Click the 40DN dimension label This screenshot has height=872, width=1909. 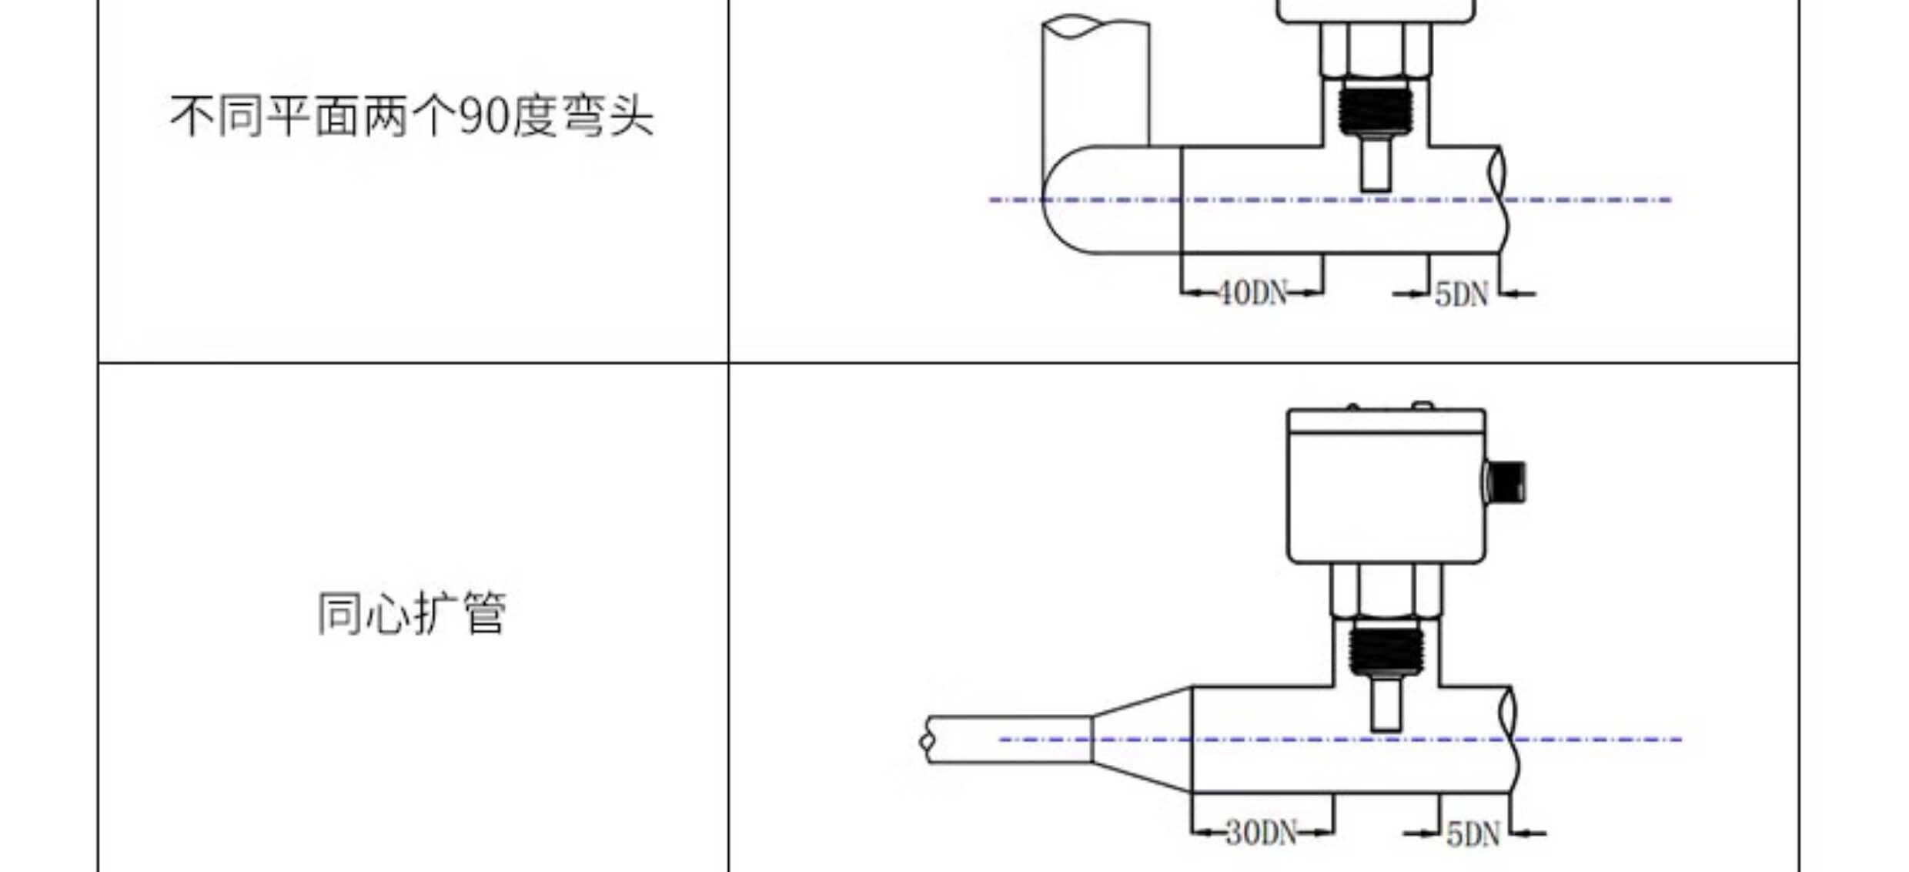(1252, 293)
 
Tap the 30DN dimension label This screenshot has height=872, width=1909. (1261, 832)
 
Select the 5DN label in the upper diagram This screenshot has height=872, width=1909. (1462, 294)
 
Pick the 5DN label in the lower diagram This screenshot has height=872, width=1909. (1473, 833)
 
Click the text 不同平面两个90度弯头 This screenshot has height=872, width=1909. (412, 117)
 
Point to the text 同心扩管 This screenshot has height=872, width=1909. (412, 613)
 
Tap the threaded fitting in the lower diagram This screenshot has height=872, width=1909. (1386, 650)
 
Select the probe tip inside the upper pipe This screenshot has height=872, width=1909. (1376, 163)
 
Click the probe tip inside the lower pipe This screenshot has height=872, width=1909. (1386, 703)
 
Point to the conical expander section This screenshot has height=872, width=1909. (1142, 739)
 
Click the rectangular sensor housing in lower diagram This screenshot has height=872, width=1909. (1386, 486)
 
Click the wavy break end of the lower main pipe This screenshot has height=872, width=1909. (1510, 739)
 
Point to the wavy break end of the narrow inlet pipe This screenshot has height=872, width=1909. (927, 740)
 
